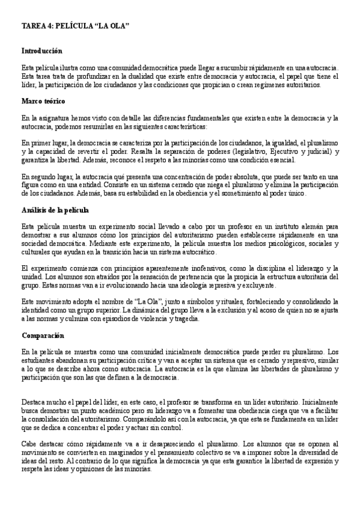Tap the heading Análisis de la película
(x=55, y=210)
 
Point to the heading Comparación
(x=43, y=335)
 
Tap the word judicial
(x=317, y=152)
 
